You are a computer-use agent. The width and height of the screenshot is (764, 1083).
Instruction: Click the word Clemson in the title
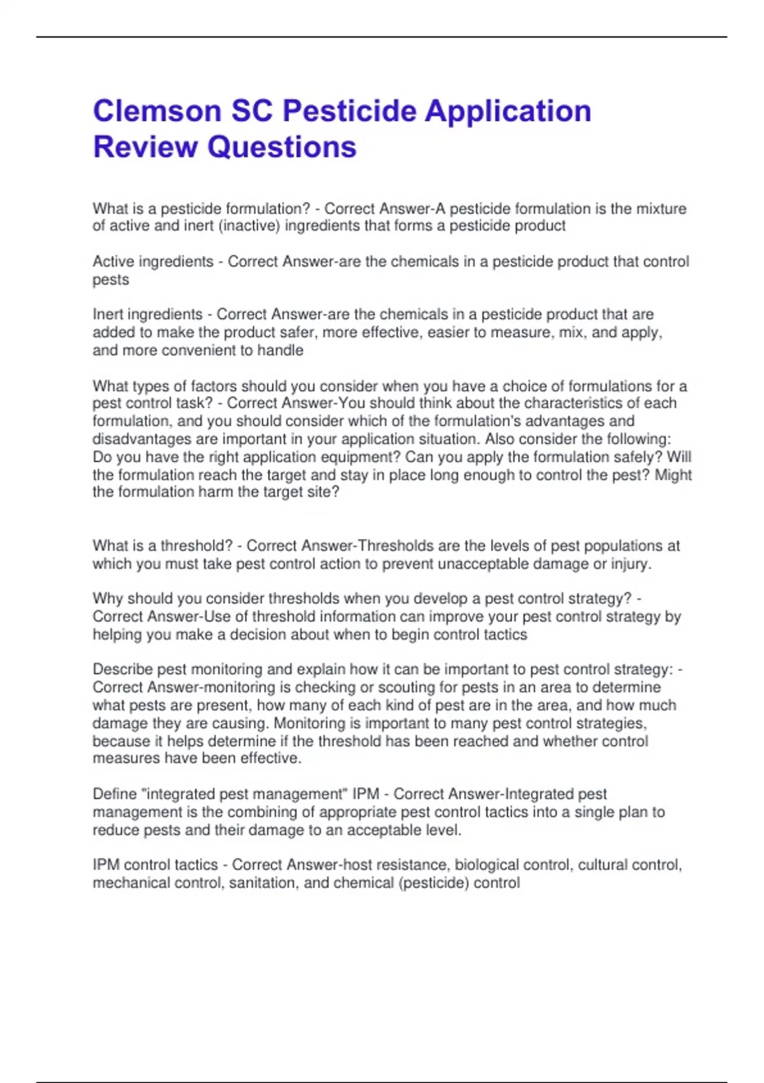point(157,111)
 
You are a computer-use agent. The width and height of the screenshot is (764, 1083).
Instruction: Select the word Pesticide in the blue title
point(350,111)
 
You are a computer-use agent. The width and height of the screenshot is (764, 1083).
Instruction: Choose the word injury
point(631,564)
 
